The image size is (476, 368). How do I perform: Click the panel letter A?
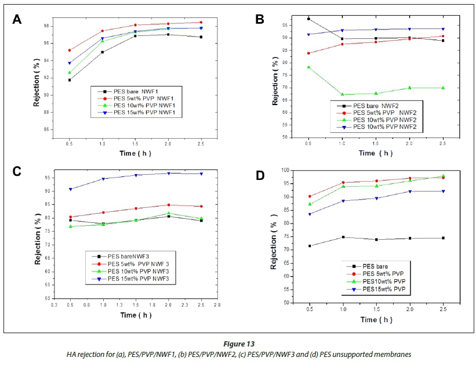tap(17, 19)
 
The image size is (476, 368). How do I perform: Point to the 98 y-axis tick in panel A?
tap(44, 27)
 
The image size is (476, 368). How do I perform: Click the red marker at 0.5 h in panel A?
tap(70, 50)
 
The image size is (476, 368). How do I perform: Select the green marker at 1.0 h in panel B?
tap(342, 94)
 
